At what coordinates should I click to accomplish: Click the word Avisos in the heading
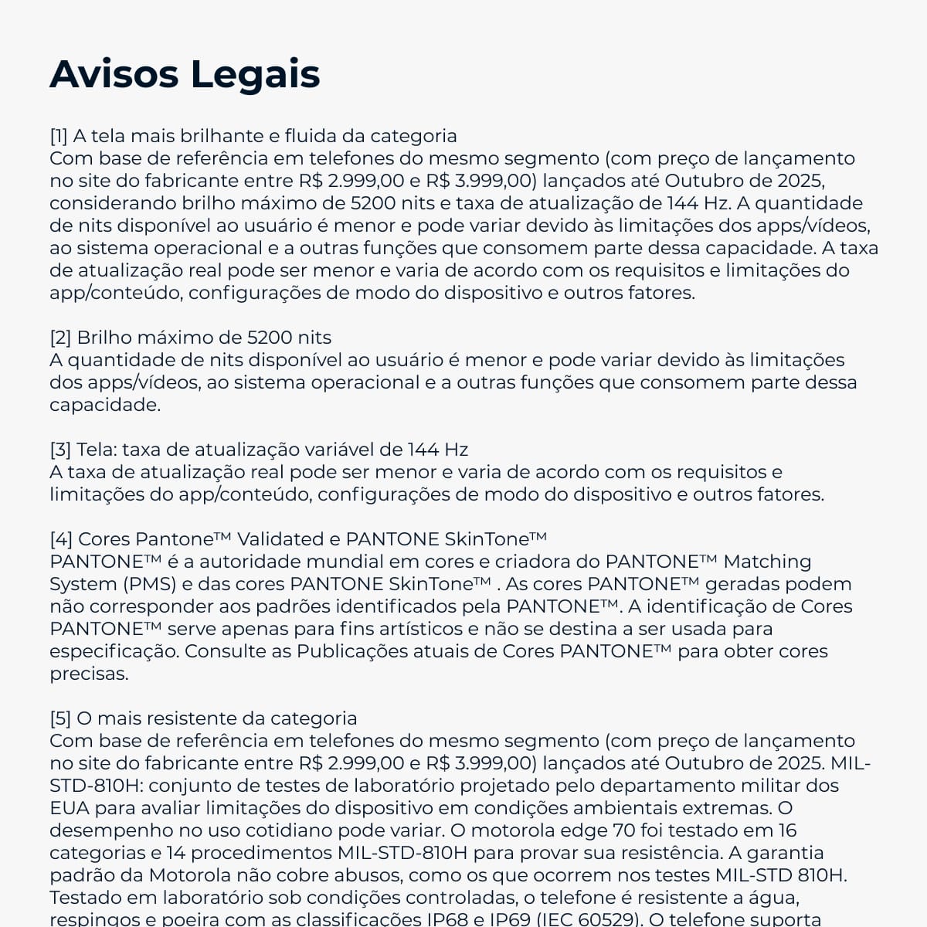(x=114, y=74)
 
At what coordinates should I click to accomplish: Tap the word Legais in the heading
(x=255, y=76)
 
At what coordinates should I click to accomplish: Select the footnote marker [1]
(x=59, y=136)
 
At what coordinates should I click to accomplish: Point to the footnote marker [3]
(x=60, y=450)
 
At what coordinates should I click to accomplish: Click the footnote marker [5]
(x=60, y=718)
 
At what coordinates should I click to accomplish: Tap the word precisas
(x=89, y=674)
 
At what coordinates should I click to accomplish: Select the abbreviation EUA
(x=68, y=808)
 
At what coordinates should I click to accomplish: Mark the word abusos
(x=367, y=875)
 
